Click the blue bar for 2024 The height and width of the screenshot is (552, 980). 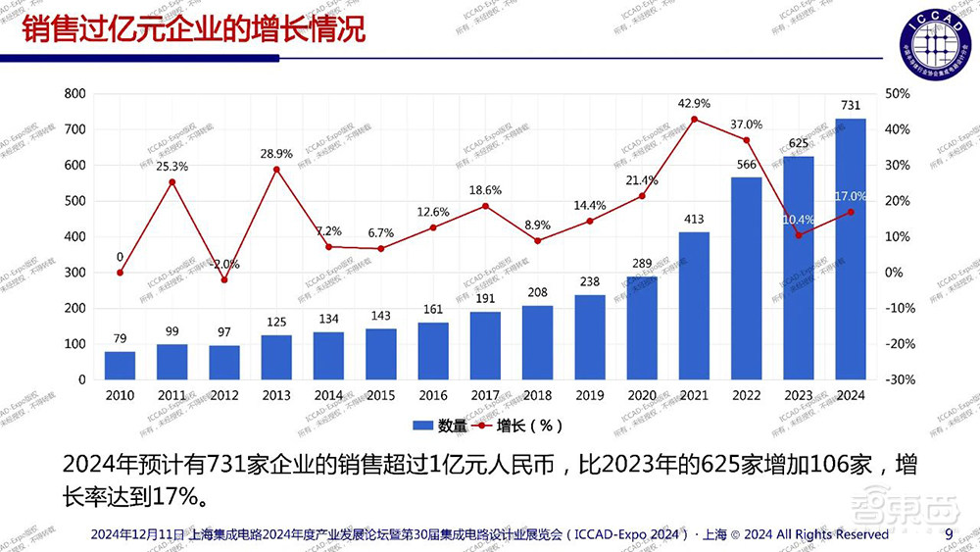pos(850,249)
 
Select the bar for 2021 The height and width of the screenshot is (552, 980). pos(694,306)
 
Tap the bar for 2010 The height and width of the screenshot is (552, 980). pos(120,366)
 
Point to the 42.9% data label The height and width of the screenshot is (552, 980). pos(694,103)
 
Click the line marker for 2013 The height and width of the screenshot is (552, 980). pos(276,170)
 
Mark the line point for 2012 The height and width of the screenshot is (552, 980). pos(224,280)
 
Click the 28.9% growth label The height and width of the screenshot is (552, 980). pos(276,154)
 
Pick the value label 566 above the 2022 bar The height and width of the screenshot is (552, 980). pos(746,165)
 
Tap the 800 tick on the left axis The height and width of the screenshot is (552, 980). pos(74,94)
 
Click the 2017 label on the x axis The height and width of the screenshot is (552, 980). pos(485,396)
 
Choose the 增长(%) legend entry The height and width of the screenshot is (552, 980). pos(521,426)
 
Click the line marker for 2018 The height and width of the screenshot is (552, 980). pos(537,240)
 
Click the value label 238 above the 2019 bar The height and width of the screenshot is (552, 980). pos(589,280)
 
